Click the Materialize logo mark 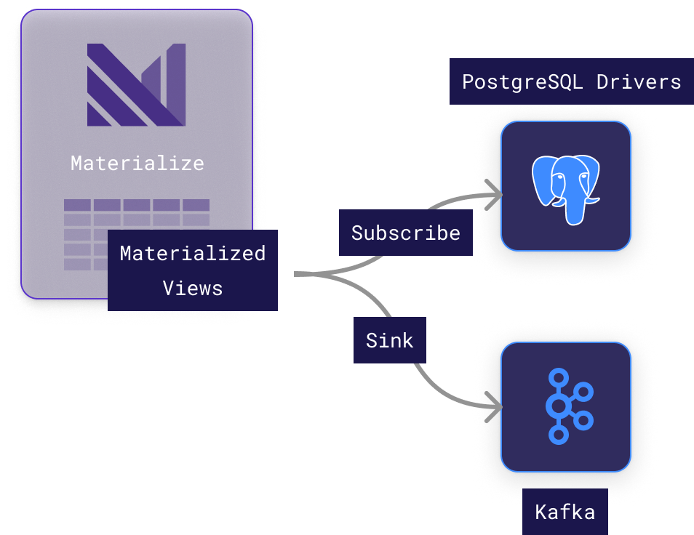(137, 85)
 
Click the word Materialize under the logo (137, 163)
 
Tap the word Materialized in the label (192, 254)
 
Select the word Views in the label (192, 288)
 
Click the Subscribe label (405, 233)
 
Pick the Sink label (389, 340)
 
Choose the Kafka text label (565, 512)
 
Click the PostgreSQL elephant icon (565, 186)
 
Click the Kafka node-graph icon (566, 406)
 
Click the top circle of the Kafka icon (558, 377)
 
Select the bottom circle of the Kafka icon (558, 435)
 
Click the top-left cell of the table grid (77, 205)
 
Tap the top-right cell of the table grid (196, 205)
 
